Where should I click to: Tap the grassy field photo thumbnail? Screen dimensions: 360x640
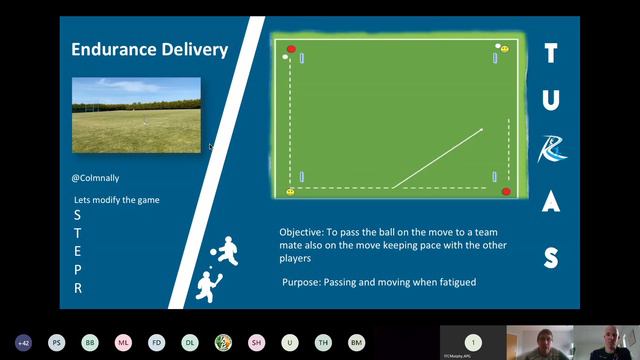tap(136, 115)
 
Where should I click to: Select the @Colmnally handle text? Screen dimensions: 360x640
tap(95, 177)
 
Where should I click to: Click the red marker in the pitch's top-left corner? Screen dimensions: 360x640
tap(291, 48)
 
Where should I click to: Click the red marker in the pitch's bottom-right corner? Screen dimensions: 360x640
tap(506, 191)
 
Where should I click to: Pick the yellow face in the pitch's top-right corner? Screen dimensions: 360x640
tap(505, 48)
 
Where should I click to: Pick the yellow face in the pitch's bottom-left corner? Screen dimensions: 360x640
tap(291, 191)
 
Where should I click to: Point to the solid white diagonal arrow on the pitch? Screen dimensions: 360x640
tap(437, 158)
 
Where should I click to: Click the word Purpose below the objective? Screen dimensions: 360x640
tap(302, 282)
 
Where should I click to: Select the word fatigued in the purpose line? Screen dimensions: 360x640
tap(454, 282)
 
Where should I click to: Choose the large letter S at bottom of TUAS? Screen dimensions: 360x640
tap(550, 258)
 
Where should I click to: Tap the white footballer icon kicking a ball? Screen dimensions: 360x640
tap(228, 251)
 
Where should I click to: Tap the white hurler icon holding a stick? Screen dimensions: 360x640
tap(208, 286)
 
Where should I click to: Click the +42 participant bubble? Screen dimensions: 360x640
tap(23, 342)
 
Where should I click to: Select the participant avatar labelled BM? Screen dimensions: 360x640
tap(356, 342)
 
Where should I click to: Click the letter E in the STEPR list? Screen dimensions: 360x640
tap(78, 251)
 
